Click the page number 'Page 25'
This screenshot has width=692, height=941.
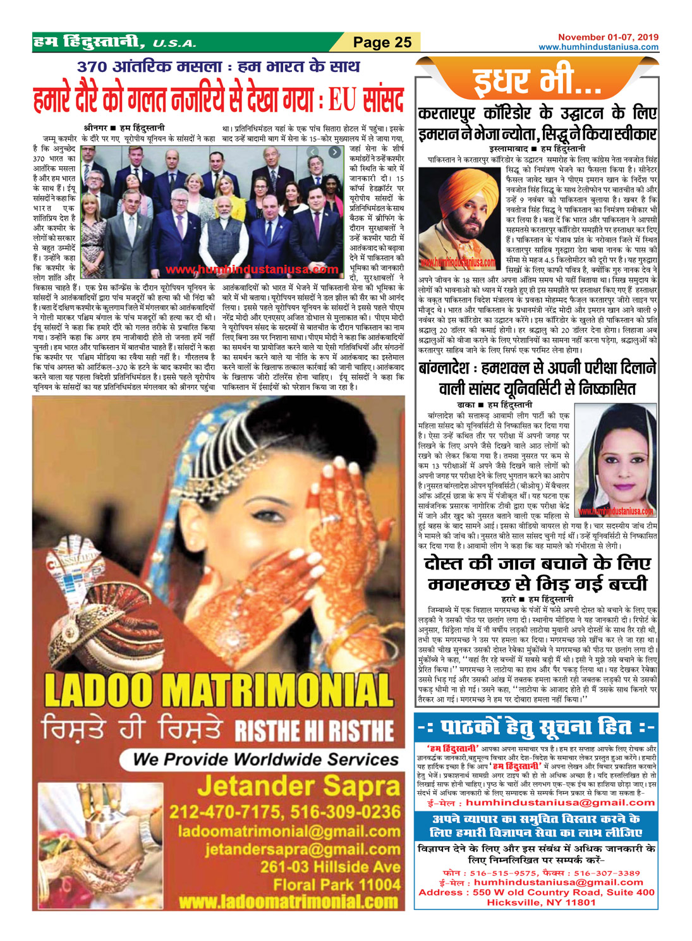click(x=382, y=42)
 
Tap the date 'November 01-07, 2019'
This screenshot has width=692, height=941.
click(x=608, y=37)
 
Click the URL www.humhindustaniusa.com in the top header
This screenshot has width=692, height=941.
click(x=598, y=47)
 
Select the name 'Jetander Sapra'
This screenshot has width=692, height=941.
click(x=298, y=787)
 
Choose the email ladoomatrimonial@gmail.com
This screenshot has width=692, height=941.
click(x=289, y=831)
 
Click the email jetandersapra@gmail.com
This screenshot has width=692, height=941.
click(x=302, y=849)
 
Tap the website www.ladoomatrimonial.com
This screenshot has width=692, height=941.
click(x=288, y=901)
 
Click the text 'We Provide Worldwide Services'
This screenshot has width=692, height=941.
click(x=265, y=759)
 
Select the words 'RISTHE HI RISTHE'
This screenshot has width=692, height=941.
click(x=314, y=731)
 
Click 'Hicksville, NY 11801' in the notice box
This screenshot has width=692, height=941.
click(x=541, y=902)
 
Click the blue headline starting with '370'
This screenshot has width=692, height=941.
click(x=218, y=66)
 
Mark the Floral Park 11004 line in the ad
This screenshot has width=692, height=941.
click(x=336, y=883)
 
